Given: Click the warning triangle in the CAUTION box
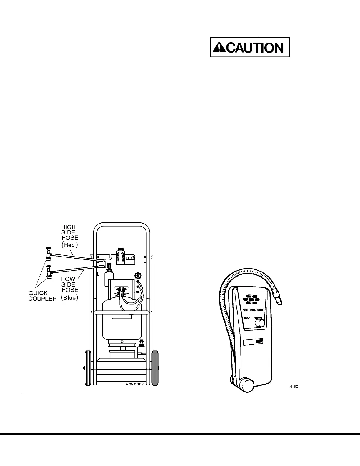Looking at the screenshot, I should [x=219, y=47].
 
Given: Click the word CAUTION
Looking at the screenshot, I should [x=255, y=47].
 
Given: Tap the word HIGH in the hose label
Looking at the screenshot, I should [x=68, y=227].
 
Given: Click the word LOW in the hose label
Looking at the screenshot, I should [x=68, y=279].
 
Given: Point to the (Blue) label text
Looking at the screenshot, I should [x=70, y=297].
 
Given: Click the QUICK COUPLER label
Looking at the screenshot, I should [x=42, y=296].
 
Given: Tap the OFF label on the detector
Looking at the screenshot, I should [x=245, y=310].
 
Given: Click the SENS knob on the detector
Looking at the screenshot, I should [x=259, y=323].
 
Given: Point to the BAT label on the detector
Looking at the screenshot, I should [x=247, y=318].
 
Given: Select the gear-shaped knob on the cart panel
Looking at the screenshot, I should [x=137, y=276].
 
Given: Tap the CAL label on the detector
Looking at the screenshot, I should [x=253, y=310].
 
